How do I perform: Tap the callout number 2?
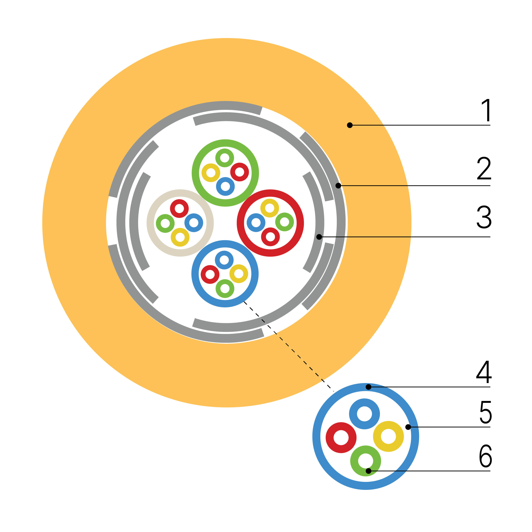[484, 168]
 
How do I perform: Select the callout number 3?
[484, 217]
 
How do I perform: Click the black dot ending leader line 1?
[350, 125]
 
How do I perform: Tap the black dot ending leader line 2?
[338, 186]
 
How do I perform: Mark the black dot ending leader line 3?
[319, 237]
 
